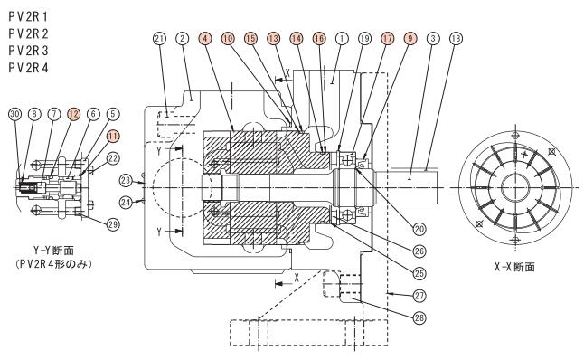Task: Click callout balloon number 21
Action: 159,38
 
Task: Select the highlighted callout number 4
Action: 205,38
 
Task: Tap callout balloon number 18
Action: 456,38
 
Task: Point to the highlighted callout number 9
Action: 410,38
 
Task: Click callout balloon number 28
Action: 419,317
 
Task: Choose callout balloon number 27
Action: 419,296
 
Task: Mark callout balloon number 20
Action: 419,229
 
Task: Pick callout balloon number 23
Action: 127,181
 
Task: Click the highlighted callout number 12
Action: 74,114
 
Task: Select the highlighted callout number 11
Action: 113,137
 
